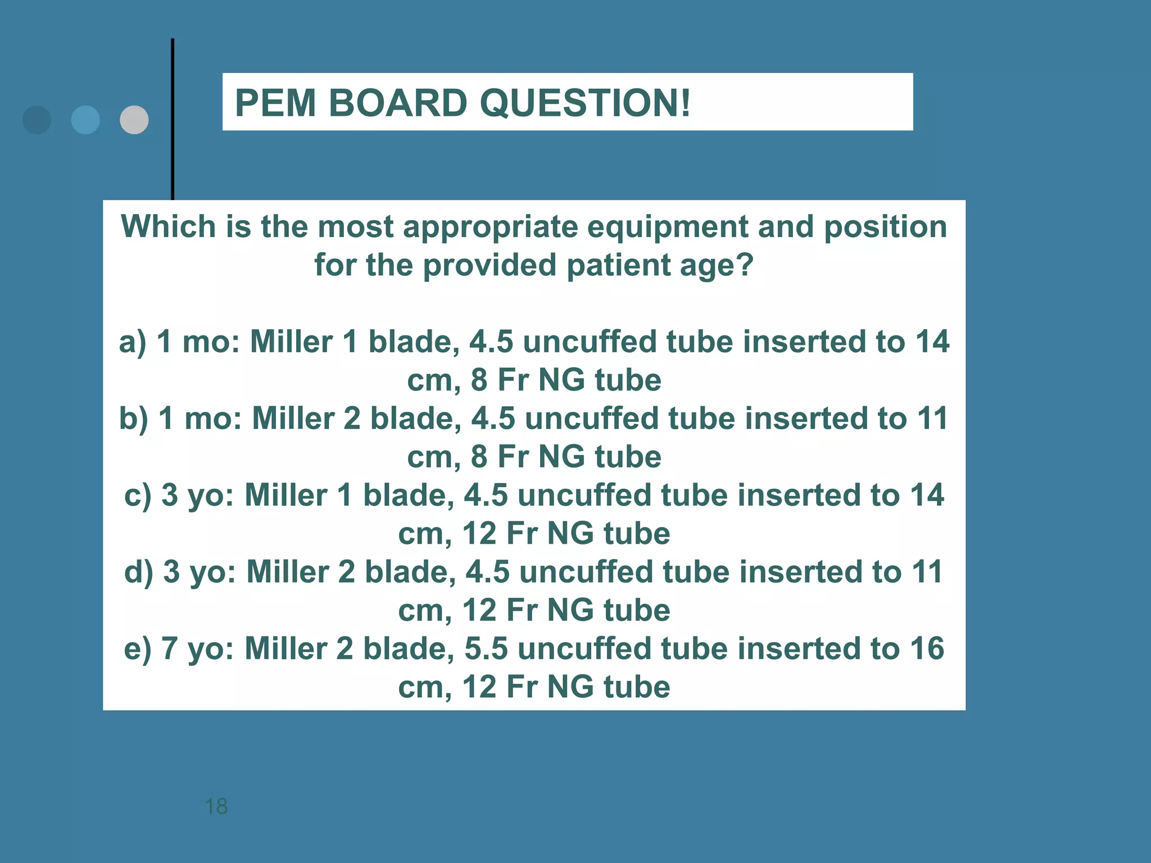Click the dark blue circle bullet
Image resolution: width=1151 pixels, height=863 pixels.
click(37, 120)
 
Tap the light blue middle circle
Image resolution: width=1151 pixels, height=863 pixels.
click(85, 120)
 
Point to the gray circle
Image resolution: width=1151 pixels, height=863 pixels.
click(134, 120)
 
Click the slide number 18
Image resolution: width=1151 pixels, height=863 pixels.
click(216, 806)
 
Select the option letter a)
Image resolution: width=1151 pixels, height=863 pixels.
click(133, 342)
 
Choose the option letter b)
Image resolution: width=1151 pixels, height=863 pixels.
click(133, 419)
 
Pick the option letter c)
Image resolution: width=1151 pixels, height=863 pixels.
click(138, 495)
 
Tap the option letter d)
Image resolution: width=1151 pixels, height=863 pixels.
click(138, 572)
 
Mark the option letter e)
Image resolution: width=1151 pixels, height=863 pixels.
click(138, 648)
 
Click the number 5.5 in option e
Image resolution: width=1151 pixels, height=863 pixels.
click(486, 648)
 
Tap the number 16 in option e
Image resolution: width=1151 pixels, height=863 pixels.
click(927, 648)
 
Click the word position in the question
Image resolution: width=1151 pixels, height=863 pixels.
click(885, 228)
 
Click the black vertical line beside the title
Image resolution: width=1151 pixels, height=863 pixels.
click(173, 118)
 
